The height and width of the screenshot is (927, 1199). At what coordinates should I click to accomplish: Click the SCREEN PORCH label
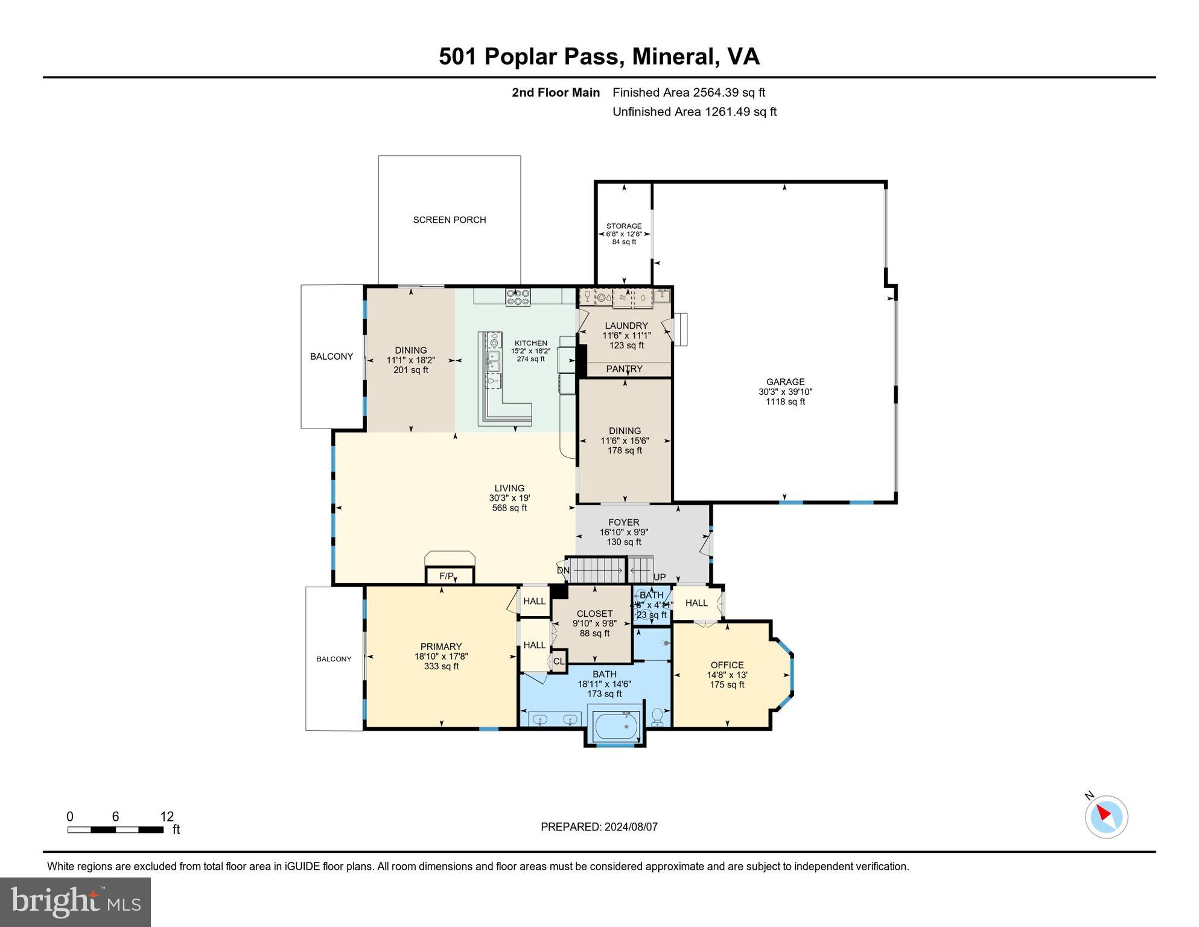pyautogui.click(x=449, y=220)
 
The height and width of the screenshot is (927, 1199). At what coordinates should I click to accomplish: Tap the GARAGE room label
pyautogui.click(x=785, y=381)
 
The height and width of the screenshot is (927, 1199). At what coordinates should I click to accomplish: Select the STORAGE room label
pyautogui.click(x=624, y=226)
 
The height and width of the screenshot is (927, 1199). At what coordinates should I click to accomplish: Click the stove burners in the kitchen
pyautogui.click(x=518, y=296)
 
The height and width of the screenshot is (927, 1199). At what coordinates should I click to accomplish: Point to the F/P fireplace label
pyautogui.click(x=447, y=576)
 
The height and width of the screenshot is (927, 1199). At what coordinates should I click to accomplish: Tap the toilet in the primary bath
pyautogui.click(x=657, y=718)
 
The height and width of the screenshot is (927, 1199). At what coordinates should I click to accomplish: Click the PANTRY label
pyautogui.click(x=624, y=369)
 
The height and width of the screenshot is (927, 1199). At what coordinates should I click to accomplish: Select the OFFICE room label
pyautogui.click(x=727, y=665)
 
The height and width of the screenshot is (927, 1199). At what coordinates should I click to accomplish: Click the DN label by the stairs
pyautogui.click(x=562, y=570)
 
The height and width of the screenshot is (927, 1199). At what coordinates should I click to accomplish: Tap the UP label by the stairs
pyautogui.click(x=660, y=577)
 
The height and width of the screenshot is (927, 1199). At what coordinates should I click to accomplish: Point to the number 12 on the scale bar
pyautogui.click(x=167, y=817)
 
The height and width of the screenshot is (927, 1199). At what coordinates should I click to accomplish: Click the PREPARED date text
pyautogui.click(x=599, y=827)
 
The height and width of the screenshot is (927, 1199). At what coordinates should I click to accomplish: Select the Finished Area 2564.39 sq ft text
pyautogui.click(x=688, y=92)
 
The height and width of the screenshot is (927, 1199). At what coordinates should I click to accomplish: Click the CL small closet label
pyautogui.click(x=559, y=661)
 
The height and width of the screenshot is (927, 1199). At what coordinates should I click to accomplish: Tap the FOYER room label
pyautogui.click(x=623, y=523)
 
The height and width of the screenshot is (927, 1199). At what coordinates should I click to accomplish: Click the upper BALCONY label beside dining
pyautogui.click(x=331, y=357)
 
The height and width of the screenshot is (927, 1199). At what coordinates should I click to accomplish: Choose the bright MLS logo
pyautogui.click(x=75, y=902)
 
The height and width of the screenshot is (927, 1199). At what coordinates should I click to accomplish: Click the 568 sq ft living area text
pyautogui.click(x=509, y=508)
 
